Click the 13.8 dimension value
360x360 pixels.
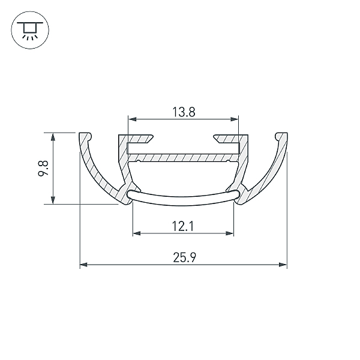pyautogui.click(x=184, y=112)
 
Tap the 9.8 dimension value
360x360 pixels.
pyautogui.click(x=43, y=168)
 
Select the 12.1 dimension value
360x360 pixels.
pyautogui.click(x=183, y=226)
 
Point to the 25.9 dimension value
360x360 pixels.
pyautogui.click(x=185, y=257)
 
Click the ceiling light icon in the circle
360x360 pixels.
pyautogui.click(x=30, y=31)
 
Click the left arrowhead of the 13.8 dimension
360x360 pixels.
pyautogui.click(x=133, y=119)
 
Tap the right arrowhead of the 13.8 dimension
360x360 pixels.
pyautogui.click(x=234, y=119)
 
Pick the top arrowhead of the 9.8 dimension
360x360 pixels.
pyautogui.click(x=53, y=137)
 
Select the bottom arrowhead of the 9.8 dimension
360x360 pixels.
pyautogui.click(x=53, y=200)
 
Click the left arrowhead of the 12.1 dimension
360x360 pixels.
pyautogui.click(x=137, y=233)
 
